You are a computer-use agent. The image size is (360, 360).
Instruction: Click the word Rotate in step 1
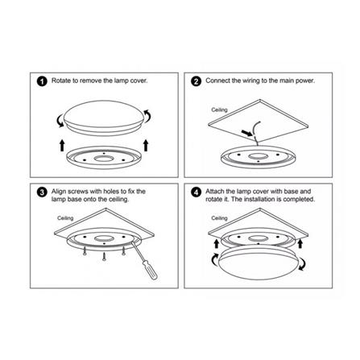[59, 81]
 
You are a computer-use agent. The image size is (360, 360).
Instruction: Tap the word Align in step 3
[57, 191]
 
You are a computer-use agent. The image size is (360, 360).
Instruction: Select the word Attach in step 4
[213, 191]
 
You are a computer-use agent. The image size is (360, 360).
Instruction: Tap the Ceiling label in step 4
[219, 217]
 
